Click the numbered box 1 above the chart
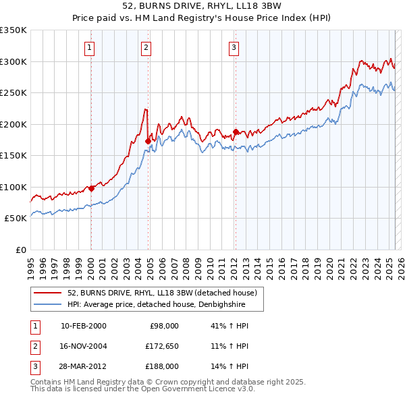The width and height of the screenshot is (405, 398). tap(90, 47)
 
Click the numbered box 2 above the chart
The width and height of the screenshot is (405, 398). tap(146, 47)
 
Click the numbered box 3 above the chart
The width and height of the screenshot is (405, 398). tap(234, 47)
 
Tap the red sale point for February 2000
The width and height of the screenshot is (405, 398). tap(91, 188)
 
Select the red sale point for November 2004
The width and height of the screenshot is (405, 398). tap(148, 141)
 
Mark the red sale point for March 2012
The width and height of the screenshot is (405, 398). tap(236, 132)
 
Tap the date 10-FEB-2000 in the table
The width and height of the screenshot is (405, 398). tap(83, 326)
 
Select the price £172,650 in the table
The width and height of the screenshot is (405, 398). tap(162, 346)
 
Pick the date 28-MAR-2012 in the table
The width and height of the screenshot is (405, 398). tap(84, 366)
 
